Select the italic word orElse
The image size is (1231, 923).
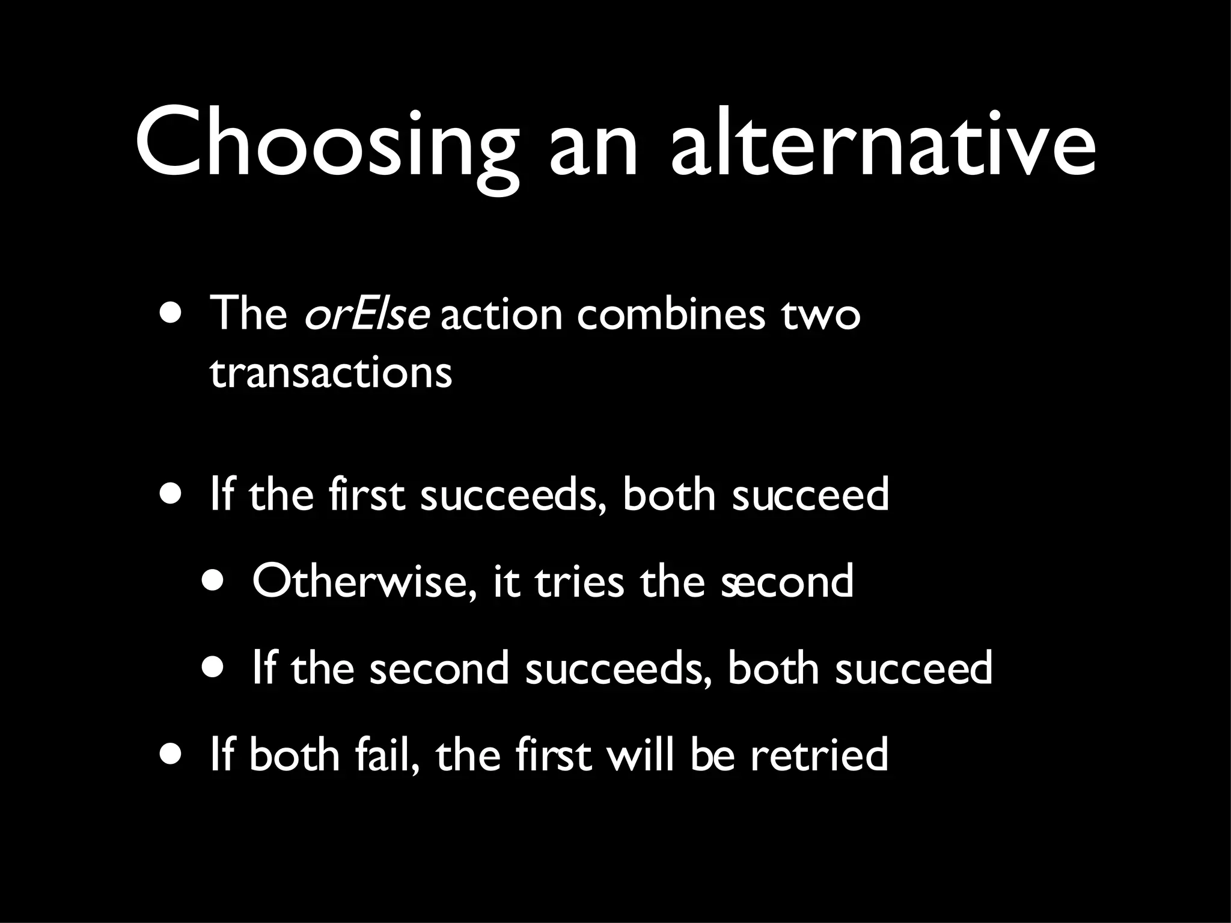click(367, 314)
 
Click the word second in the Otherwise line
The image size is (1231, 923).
click(787, 582)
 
